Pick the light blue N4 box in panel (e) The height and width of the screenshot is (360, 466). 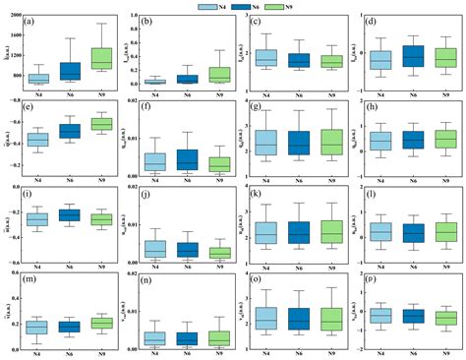pos(38,140)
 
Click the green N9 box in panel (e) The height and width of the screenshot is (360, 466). pos(102,124)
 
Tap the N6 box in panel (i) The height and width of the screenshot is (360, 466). pos(71,214)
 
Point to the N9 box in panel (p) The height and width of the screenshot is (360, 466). pos(445,318)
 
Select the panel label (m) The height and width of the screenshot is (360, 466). pos(31,275)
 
